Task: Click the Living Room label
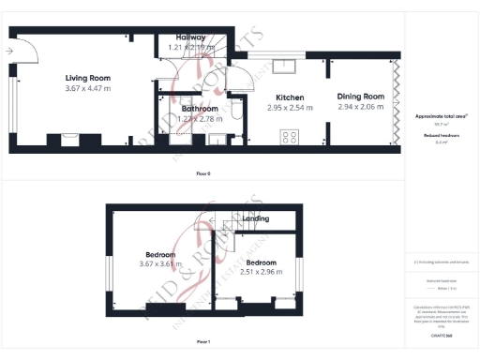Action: coord(88,77)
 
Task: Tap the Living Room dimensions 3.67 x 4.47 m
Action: coord(88,88)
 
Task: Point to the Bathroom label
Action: coord(200,109)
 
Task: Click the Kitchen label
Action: coord(289,97)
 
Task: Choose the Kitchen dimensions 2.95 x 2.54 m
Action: coord(289,108)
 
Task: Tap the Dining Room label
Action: coord(362,97)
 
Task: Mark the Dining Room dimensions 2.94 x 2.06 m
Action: coord(362,108)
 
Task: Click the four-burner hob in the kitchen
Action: coord(290,136)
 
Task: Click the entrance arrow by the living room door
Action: coord(8,51)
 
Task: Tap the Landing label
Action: coord(256,218)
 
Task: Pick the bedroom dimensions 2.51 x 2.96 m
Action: coord(262,273)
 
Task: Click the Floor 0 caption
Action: coord(203,173)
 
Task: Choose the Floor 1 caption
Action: coord(203,341)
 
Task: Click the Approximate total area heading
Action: coord(441,116)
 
